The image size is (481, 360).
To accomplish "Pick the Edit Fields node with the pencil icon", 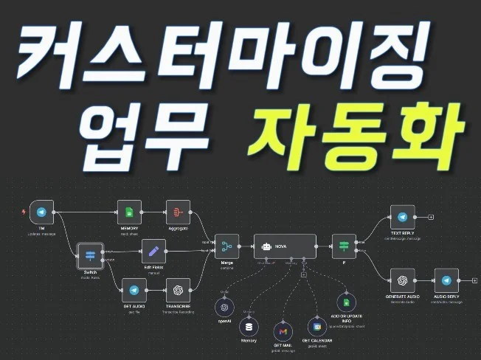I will (x=153, y=252).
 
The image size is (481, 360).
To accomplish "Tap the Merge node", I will (x=225, y=245).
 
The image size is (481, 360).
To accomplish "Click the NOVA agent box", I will (x=285, y=245).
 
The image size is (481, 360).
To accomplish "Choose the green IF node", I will (x=344, y=245).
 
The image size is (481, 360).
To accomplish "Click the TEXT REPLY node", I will (x=403, y=218).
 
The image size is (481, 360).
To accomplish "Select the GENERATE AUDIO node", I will (x=403, y=280).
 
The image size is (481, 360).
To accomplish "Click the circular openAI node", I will (x=225, y=307).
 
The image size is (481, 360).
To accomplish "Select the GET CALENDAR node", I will (x=316, y=325).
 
